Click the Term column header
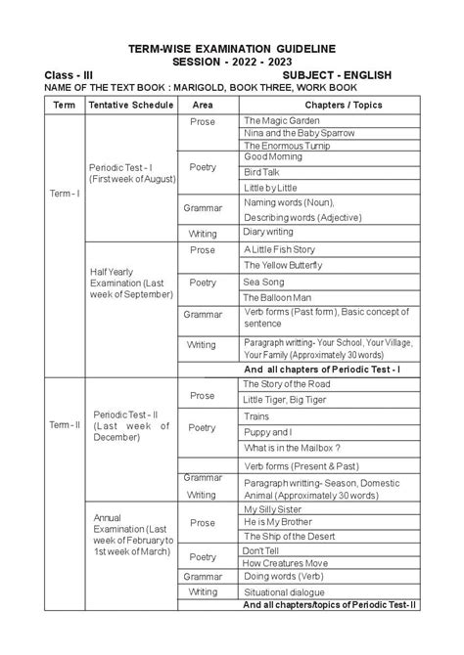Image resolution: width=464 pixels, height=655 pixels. [x=64, y=105]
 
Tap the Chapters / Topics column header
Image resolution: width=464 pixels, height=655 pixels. [x=330, y=105]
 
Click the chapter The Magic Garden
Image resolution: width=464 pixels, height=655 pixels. [x=282, y=119]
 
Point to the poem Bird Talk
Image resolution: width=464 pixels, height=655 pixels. [x=263, y=170]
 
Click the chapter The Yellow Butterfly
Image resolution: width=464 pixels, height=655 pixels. [x=283, y=265]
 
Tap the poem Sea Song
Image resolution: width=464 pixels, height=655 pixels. [x=264, y=282]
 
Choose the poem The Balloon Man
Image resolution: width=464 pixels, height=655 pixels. [x=278, y=297]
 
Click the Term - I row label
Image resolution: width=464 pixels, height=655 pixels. [x=65, y=195]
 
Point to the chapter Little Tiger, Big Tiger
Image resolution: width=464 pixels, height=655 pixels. [x=291, y=400]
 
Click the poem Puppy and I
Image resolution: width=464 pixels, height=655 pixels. [x=268, y=432]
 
